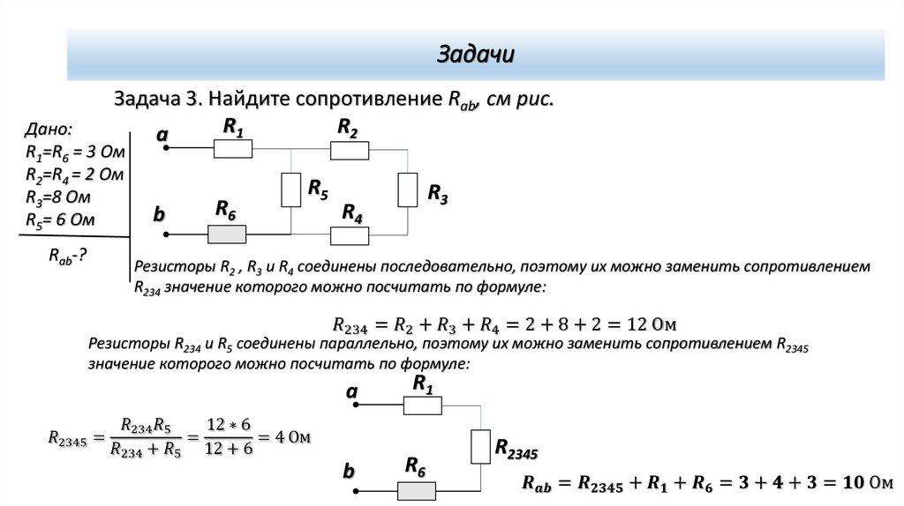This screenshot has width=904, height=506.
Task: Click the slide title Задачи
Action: click(476, 55)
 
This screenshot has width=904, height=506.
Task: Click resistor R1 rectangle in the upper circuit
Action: click(234, 151)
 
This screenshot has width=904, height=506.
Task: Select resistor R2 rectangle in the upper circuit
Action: click(350, 151)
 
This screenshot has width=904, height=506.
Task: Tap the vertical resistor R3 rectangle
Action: click(407, 190)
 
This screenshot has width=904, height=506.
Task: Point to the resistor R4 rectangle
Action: click(350, 235)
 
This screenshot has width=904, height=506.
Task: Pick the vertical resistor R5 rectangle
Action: click(291, 190)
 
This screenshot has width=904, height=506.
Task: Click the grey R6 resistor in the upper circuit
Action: click(227, 234)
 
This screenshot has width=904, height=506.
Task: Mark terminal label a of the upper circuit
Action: click(162, 135)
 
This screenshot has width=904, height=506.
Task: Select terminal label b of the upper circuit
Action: click(160, 214)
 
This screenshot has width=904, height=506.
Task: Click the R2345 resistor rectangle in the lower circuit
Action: click(480, 446)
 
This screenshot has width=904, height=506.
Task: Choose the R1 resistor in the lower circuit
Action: click(423, 405)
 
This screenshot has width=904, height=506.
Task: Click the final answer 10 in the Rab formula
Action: click(852, 483)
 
